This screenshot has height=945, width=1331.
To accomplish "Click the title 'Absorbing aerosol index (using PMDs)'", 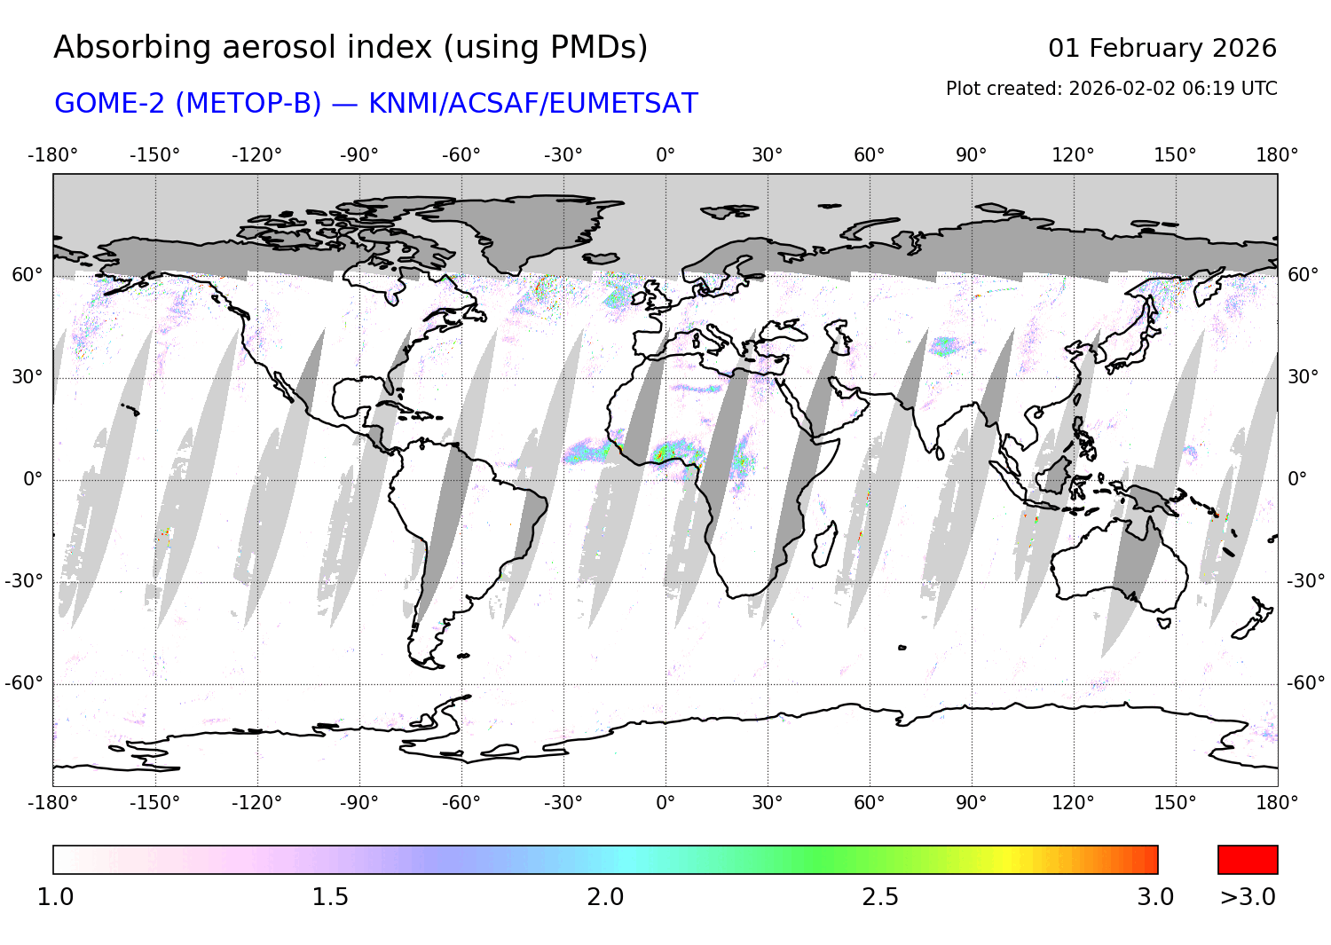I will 350,47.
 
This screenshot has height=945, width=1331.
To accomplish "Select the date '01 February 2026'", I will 1162,48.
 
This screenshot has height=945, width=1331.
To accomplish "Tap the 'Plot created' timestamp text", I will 1111,89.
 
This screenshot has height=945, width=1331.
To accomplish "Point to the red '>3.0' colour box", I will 1247,859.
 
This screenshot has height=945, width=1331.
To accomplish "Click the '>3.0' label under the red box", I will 1247,897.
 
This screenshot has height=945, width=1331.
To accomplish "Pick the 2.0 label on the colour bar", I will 605,897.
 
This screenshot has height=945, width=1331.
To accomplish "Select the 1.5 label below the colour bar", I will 330,897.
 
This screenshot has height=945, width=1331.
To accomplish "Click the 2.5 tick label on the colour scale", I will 880,897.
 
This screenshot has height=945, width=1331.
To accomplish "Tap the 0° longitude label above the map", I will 665,155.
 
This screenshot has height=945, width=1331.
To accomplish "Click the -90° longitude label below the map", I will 358,803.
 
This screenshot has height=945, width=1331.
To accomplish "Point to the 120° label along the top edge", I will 1073,155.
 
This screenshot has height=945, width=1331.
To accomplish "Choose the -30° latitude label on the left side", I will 24,581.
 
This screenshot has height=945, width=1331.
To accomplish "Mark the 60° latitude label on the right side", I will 1303,275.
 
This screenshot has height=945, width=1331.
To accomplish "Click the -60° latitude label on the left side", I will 24,683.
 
